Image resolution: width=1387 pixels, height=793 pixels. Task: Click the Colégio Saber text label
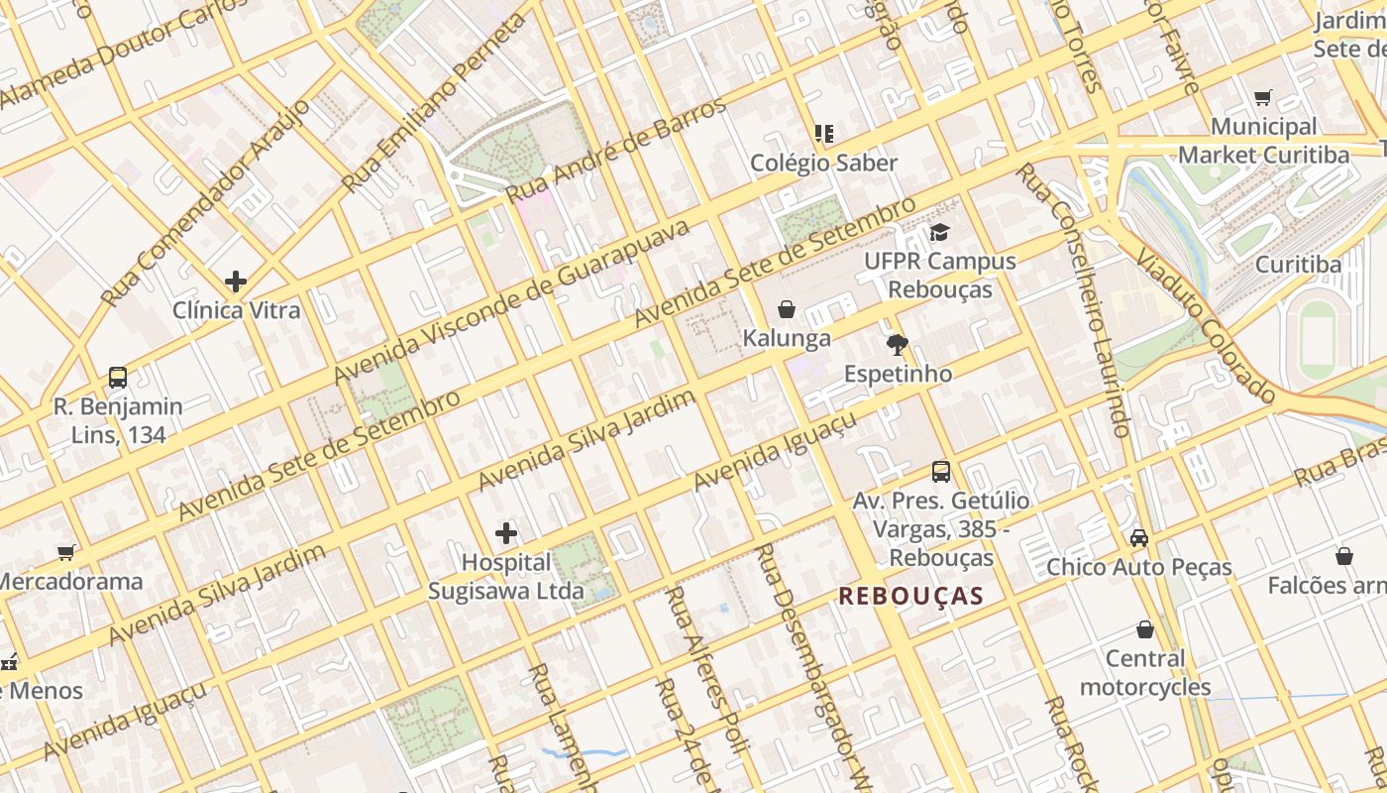click(x=823, y=163)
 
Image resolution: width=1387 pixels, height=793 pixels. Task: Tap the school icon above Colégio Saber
click(x=823, y=133)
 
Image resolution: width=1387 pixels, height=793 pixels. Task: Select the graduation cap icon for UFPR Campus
click(x=939, y=232)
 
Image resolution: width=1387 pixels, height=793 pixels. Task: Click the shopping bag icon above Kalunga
click(x=787, y=309)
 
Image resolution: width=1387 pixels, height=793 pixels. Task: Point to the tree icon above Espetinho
click(x=898, y=345)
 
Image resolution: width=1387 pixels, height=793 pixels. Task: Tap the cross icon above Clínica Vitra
click(x=236, y=282)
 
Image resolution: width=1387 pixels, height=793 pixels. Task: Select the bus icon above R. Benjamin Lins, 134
click(x=118, y=378)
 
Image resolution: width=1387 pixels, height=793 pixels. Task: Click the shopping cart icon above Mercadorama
click(x=66, y=552)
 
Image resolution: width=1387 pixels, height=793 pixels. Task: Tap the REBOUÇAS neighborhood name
click(x=910, y=596)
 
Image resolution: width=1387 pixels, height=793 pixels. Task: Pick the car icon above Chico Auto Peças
click(x=1139, y=538)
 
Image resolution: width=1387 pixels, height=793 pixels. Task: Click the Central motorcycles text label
click(x=1145, y=673)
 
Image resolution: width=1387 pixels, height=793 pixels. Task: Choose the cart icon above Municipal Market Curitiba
click(x=1263, y=98)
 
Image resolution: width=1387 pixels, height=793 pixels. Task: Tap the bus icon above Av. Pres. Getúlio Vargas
click(x=941, y=472)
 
